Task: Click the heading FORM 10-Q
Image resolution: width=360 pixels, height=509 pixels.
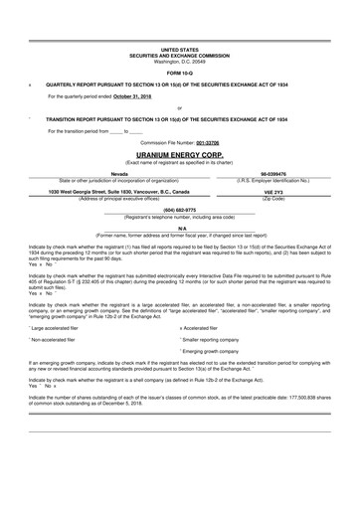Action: (x=179, y=74)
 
